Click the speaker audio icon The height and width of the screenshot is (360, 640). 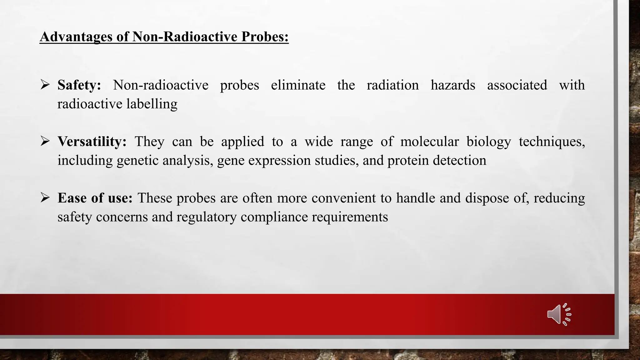pyautogui.click(x=559, y=314)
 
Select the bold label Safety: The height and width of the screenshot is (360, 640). pyautogui.click(x=79, y=85)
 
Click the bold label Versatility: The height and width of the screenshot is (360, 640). pyautogui.click(x=92, y=142)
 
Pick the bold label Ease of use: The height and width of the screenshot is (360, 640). pyautogui.click(x=95, y=198)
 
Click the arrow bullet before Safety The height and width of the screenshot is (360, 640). pyautogui.click(x=45, y=85)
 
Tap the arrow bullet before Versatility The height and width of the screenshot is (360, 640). pyautogui.click(x=45, y=142)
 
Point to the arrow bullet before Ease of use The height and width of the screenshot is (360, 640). pyautogui.click(x=45, y=198)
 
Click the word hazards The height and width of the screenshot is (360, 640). pyautogui.click(x=452, y=85)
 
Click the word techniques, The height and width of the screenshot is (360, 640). pyautogui.click(x=552, y=142)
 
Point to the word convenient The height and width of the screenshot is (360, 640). pyautogui.click(x=343, y=198)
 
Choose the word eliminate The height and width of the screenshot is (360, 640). pyautogui.click(x=298, y=85)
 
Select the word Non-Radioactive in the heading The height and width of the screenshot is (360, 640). pyautogui.click(x=185, y=37)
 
